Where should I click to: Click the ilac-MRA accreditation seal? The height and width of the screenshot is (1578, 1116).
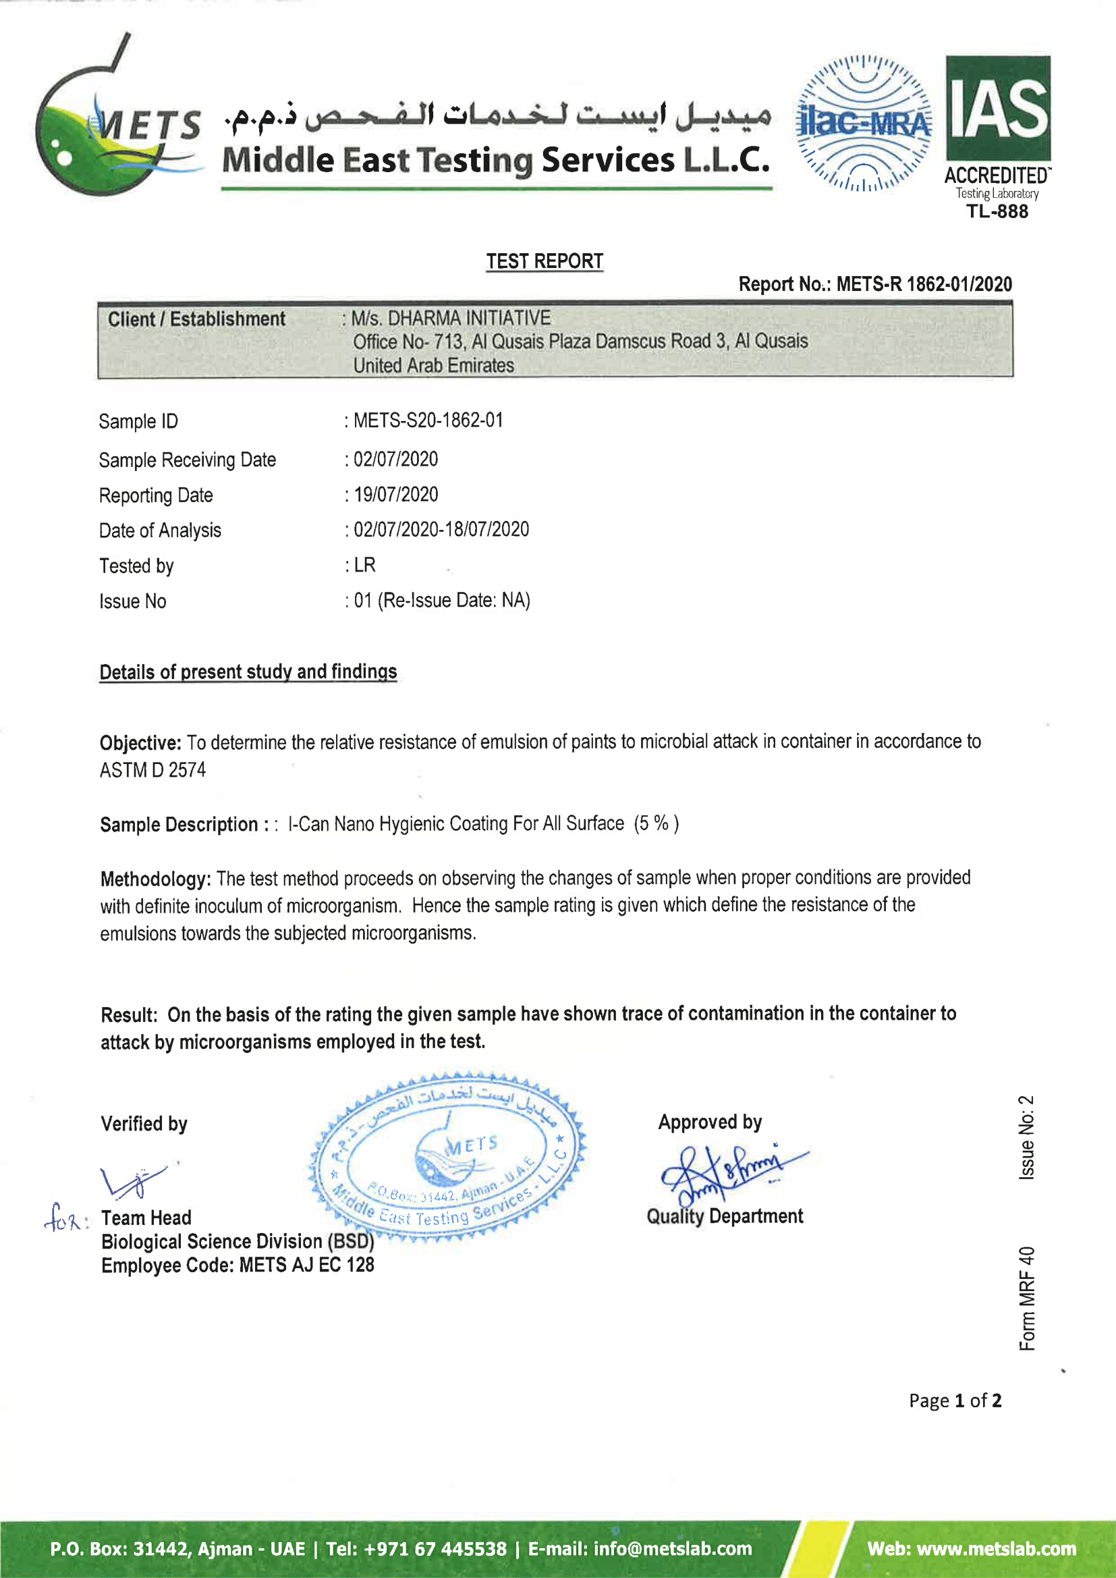tap(864, 123)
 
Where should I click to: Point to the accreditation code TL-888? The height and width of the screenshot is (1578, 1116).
tap(997, 211)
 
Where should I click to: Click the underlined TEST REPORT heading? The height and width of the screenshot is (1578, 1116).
tap(545, 261)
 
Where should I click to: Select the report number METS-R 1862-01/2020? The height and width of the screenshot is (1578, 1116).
tap(924, 284)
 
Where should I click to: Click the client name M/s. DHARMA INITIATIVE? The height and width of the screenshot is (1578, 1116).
tap(451, 318)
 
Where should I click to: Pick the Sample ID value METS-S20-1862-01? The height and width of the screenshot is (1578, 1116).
tap(428, 420)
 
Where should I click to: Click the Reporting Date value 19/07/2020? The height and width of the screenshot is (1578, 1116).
tap(396, 494)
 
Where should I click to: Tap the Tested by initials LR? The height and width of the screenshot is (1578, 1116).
tap(365, 565)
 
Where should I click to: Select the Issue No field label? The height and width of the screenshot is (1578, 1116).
tap(133, 601)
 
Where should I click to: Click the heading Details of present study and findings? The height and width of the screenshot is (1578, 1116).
tap(248, 672)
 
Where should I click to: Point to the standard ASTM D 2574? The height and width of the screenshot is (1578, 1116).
tap(152, 769)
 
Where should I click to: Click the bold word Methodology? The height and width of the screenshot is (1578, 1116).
tap(155, 879)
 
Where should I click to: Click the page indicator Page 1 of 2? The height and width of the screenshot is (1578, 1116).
tap(955, 1400)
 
